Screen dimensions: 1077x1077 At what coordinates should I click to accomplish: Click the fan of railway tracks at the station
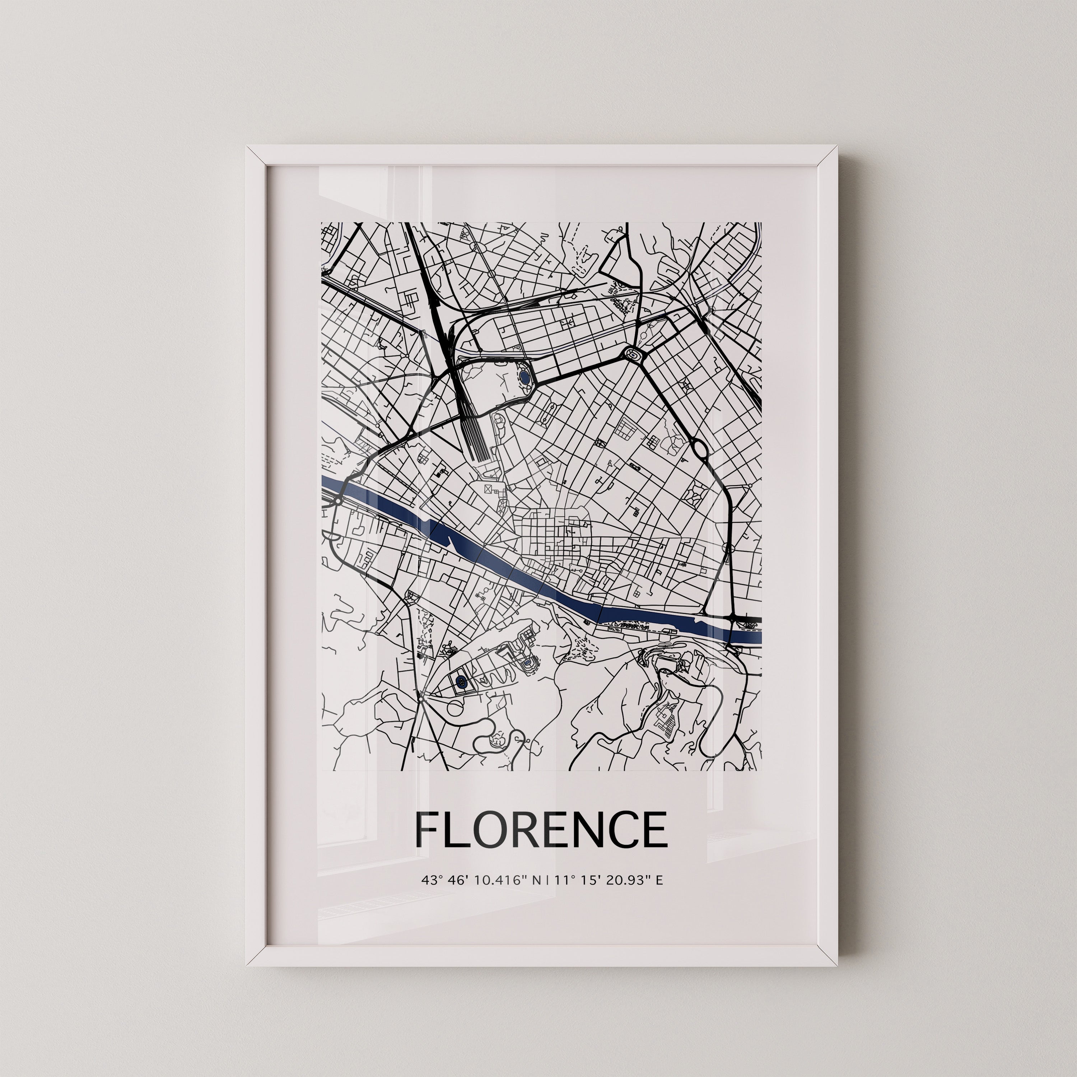pos(477,440)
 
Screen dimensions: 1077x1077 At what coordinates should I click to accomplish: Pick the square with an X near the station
pos(489,489)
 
